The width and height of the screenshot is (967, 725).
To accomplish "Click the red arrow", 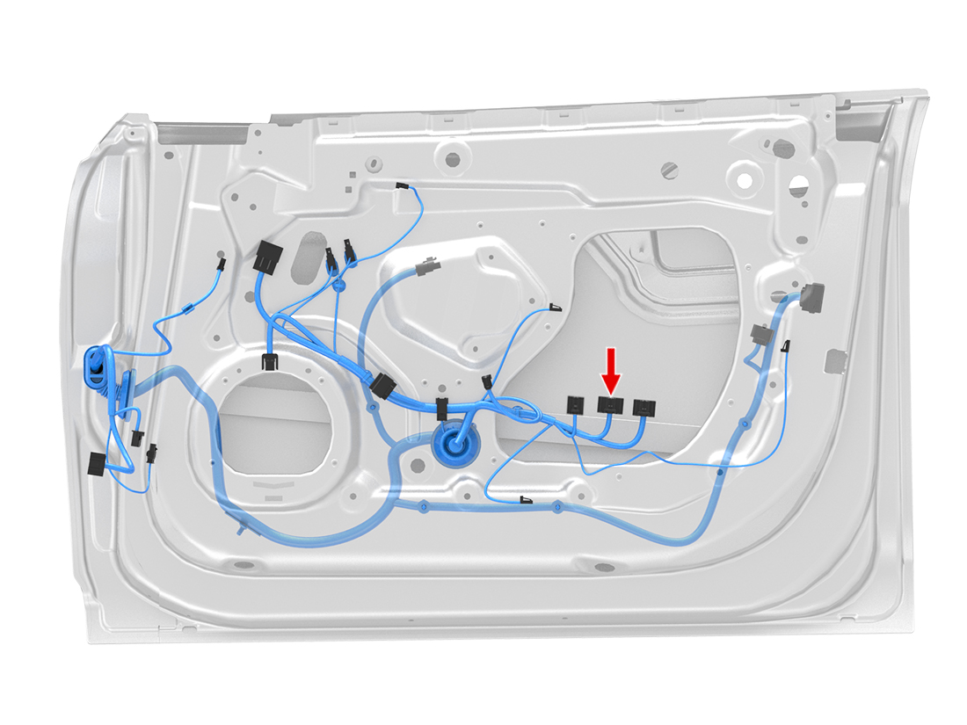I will click(610, 369).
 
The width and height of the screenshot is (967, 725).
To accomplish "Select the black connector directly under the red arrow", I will click(610, 405).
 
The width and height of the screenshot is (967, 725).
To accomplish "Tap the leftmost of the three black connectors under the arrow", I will click(575, 404).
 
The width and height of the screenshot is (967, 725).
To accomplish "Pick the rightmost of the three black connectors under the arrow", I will click(644, 407).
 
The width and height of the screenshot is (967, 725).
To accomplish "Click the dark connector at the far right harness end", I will click(812, 298).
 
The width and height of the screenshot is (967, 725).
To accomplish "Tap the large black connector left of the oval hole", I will click(267, 257).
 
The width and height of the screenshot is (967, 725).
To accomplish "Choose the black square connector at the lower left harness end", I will click(96, 463).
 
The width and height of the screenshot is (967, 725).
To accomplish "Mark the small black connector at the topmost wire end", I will click(402, 186).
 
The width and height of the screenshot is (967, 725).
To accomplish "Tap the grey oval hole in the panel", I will click(309, 255).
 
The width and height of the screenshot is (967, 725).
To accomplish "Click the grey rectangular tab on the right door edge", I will click(835, 359).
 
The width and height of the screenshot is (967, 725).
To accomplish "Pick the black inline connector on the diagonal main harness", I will click(383, 387).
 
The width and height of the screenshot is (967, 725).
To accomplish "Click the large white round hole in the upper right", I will click(745, 179).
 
